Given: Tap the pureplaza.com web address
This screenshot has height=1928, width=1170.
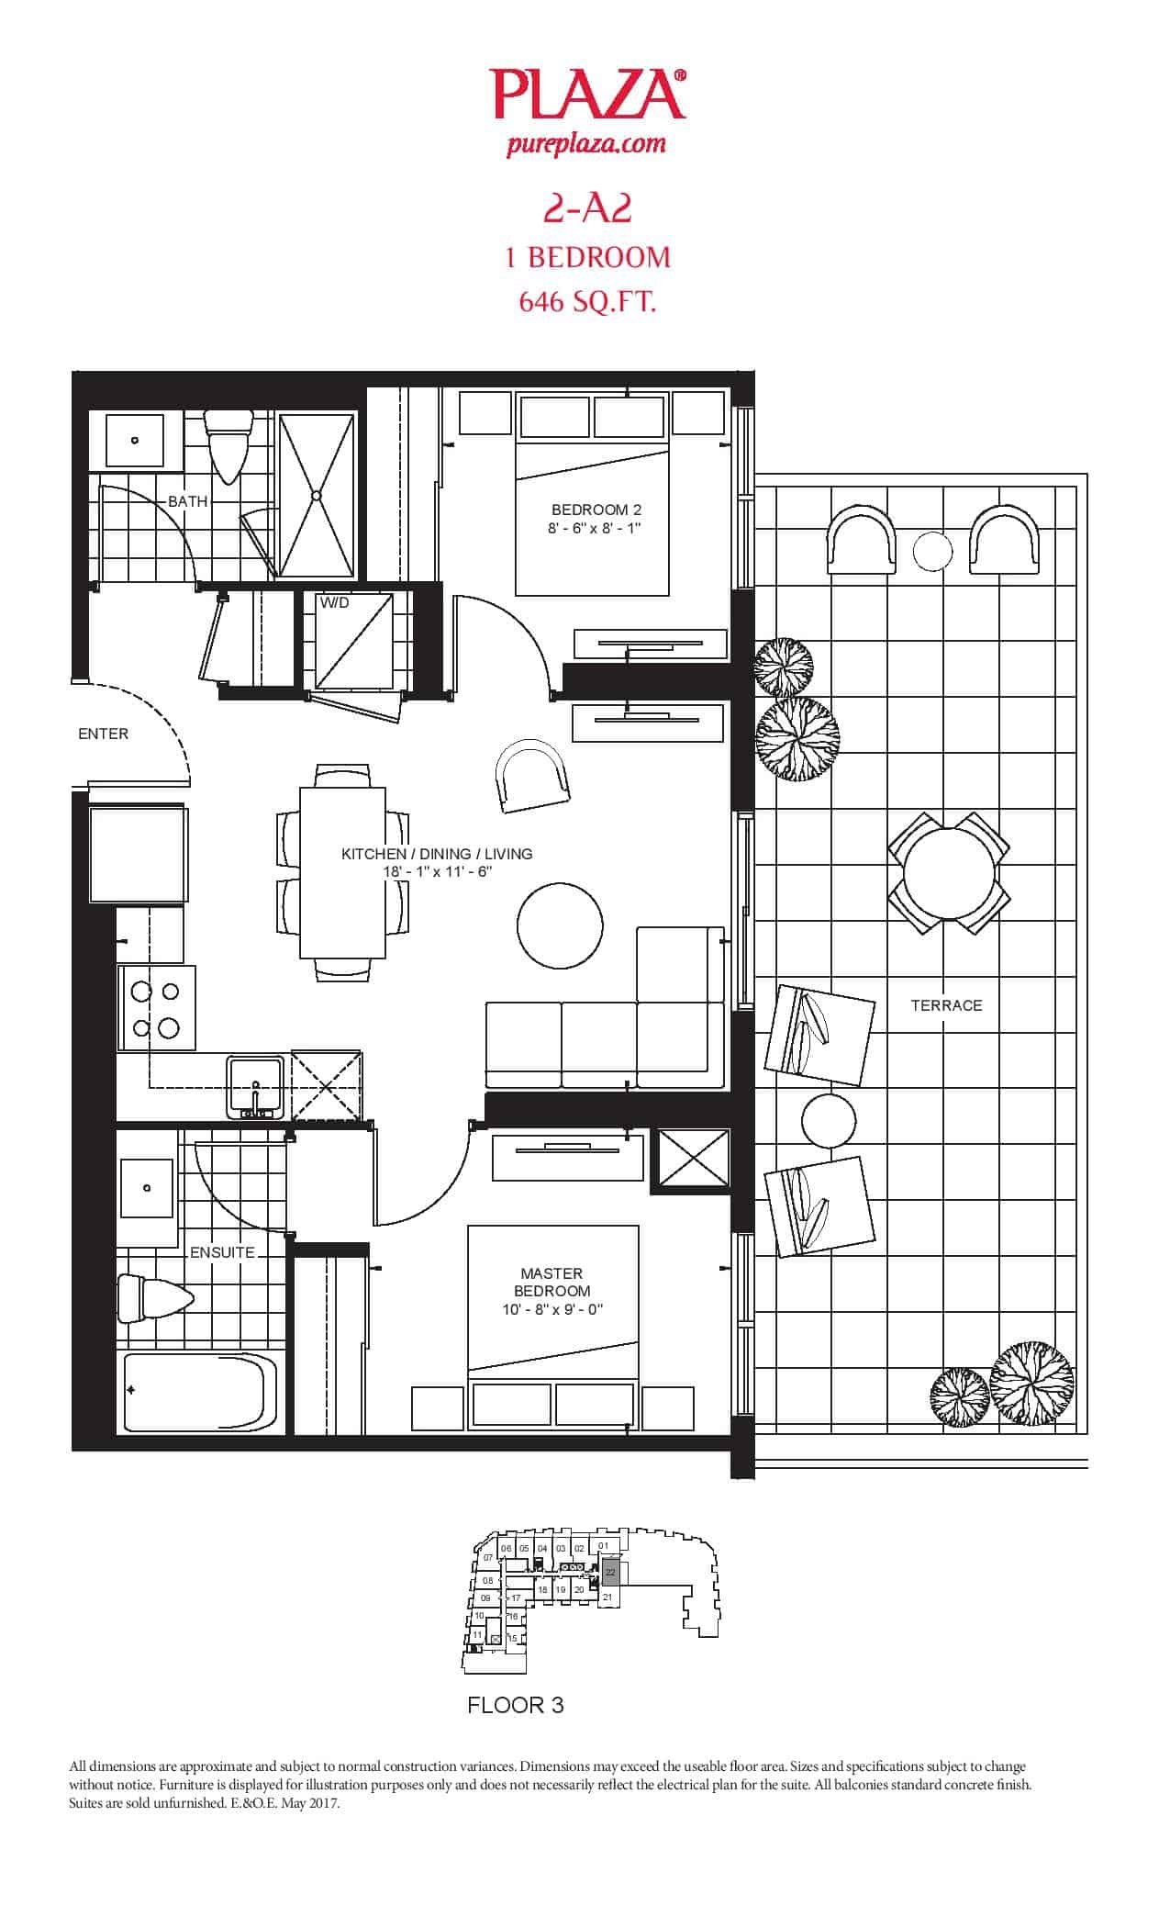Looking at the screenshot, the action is (x=586, y=144).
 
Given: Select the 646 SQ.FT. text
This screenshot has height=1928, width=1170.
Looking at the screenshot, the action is (x=586, y=303).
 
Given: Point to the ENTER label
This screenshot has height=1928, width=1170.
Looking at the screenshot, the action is (x=103, y=734).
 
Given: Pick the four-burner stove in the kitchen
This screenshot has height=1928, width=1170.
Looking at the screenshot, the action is (x=156, y=1008).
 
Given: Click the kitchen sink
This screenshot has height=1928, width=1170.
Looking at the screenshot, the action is (x=255, y=1088).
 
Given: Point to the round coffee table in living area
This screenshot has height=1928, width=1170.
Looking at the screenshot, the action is (x=560, y=925).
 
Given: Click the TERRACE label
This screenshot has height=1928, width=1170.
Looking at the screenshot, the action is (x=946, y=1005).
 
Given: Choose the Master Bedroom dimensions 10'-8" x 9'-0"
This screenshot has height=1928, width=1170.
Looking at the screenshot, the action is (x=552, y=1310).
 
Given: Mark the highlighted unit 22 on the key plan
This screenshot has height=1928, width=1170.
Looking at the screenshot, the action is (x=611, y=1572).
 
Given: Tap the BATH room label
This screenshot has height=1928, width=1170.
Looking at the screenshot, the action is (x=187, y=502).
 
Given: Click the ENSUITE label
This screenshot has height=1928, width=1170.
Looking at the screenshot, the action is (x=222, y=1252).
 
